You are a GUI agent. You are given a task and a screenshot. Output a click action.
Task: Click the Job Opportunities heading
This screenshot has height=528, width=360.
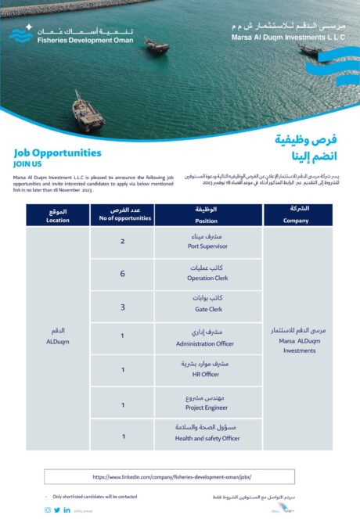(57, 153)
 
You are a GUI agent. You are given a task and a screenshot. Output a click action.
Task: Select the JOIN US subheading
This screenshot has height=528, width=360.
(27, 164)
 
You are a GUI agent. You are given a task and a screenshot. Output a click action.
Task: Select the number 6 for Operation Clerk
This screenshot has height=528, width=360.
(122, 274)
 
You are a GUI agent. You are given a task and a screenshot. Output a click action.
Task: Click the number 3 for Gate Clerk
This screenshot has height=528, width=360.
(122, 307)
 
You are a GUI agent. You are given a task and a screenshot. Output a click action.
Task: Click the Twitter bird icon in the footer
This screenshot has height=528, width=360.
(57, 510)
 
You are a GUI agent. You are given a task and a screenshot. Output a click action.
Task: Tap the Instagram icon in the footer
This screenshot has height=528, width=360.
(47, 510)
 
